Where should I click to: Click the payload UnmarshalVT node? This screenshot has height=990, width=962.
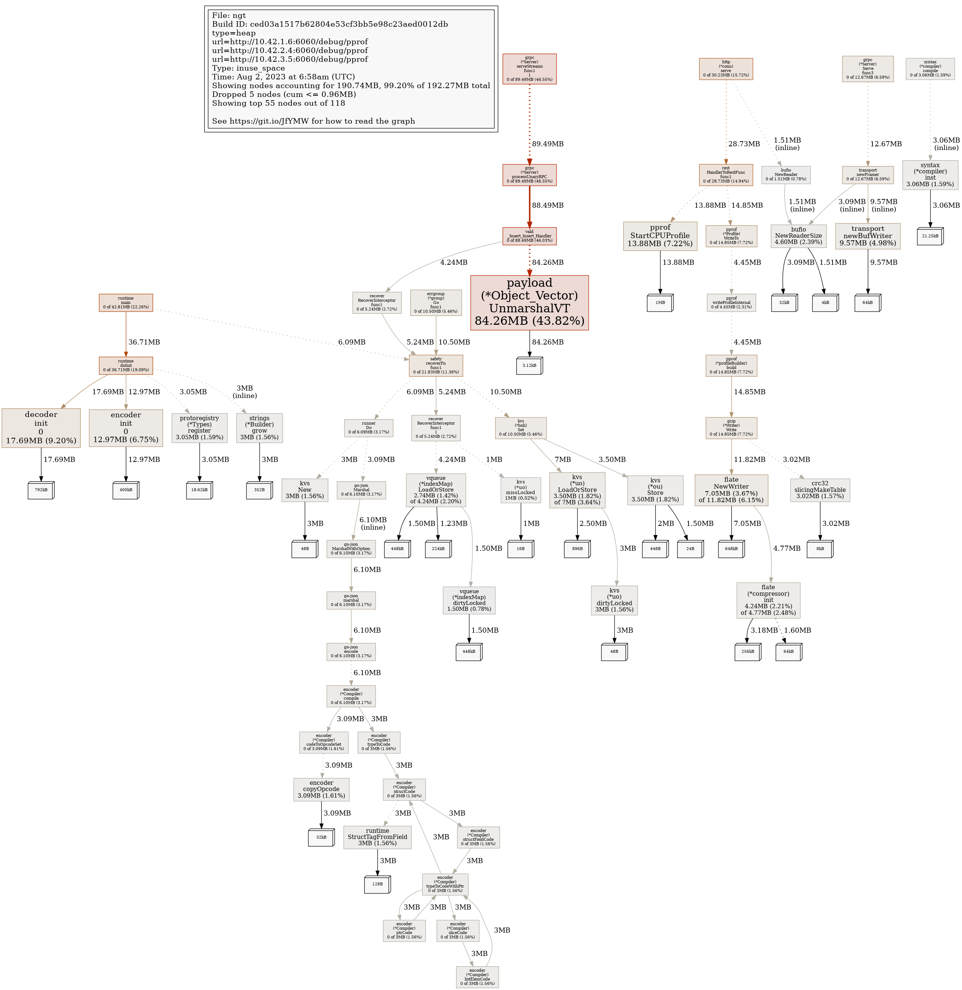529,302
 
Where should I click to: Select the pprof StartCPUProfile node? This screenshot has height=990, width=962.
660,236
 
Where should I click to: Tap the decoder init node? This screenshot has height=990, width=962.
41,428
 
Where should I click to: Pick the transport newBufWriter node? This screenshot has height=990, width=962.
868,236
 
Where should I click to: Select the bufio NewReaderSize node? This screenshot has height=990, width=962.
798,236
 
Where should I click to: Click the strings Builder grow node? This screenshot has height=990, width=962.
259,428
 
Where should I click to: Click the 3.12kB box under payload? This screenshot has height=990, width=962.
529,365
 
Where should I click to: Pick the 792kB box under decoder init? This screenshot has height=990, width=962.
41,490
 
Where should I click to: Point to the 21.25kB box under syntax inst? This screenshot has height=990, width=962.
930,236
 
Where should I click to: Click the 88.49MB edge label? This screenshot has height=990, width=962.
547,205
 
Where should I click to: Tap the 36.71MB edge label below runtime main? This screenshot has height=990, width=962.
144,342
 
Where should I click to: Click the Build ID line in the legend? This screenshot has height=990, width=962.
329,24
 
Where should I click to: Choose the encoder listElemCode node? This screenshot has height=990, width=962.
477,977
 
